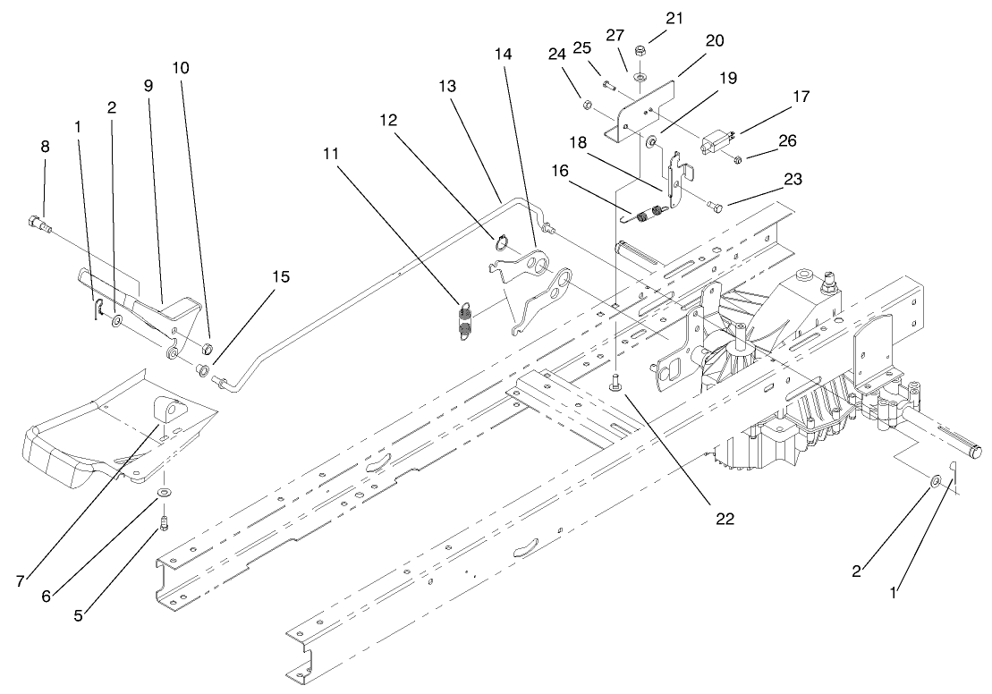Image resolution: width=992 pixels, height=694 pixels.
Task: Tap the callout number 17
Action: pyautogui.click(x=801, y=95)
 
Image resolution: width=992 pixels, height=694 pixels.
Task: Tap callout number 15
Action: pyautogui.click(x=281, y=276)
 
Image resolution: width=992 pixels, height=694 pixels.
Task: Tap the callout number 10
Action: pyautogui.click(x=181, y=68)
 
